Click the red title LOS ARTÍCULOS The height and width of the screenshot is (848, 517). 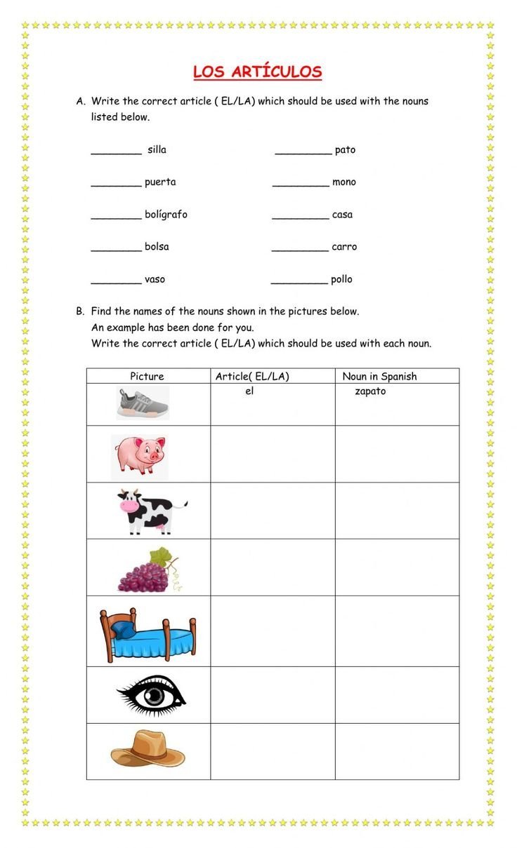point(257,72)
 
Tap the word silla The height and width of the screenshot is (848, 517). point(157,150)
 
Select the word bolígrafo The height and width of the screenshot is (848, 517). point(166,215)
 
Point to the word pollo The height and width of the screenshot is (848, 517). point(341,280)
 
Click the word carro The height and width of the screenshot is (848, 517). point(344,247)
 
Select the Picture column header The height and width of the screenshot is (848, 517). point(147,377)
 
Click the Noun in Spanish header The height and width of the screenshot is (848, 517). point(379,377)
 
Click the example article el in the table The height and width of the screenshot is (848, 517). point(249,391)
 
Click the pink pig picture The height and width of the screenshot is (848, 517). point(138,455)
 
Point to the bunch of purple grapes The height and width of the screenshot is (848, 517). point(146,571)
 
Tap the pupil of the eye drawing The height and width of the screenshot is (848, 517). point(154,696)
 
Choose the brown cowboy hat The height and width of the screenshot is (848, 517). point(148,749)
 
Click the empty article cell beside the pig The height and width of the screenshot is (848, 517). point(273,454)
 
